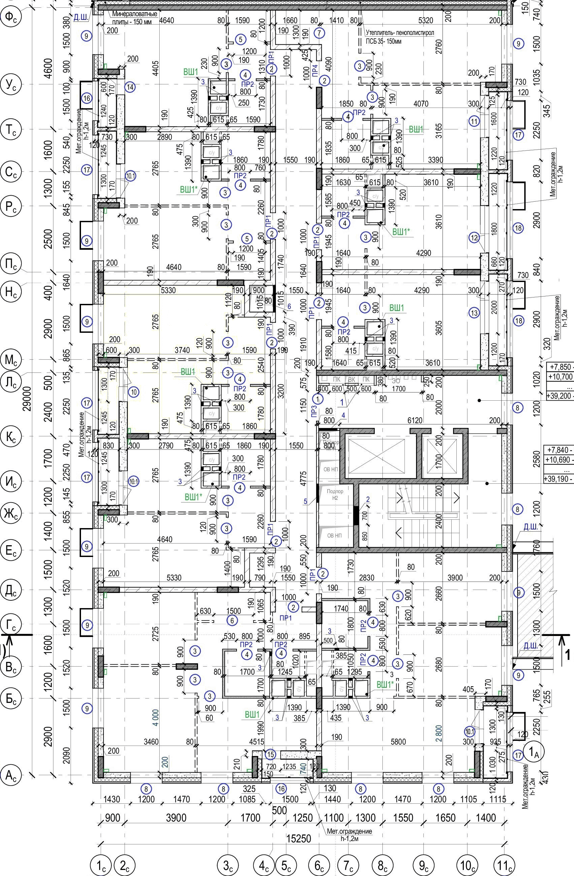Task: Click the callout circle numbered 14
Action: point(130,87)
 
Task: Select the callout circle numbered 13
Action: point(475,313)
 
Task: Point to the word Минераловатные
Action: point(135,14)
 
